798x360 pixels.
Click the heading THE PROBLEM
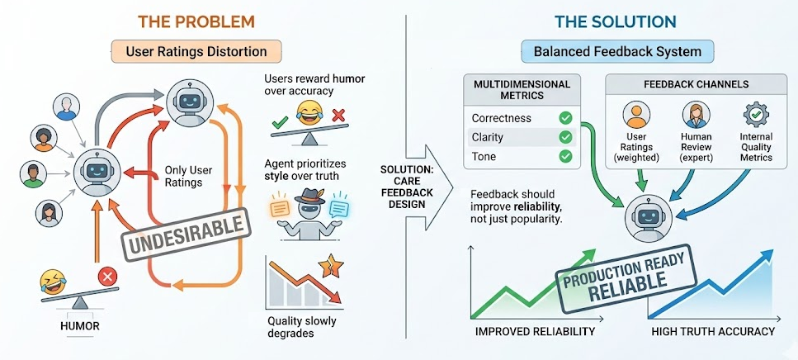(x=196, y=21)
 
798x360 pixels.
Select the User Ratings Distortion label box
(x=196, y=51)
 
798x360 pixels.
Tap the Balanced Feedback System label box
(x=617, y=51)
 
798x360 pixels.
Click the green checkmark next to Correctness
(x=566, y=118)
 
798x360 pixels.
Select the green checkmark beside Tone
(x=566, y=156)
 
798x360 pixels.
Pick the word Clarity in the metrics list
(x=488, y=137)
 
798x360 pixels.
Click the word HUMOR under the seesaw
(x=80, y=325)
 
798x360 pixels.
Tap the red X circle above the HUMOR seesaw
(x=107, y=276)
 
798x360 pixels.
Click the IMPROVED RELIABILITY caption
(x=534, y=332)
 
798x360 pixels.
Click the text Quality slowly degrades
(x=302, y=327)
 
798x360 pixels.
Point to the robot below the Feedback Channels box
(x=645, y=217)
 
